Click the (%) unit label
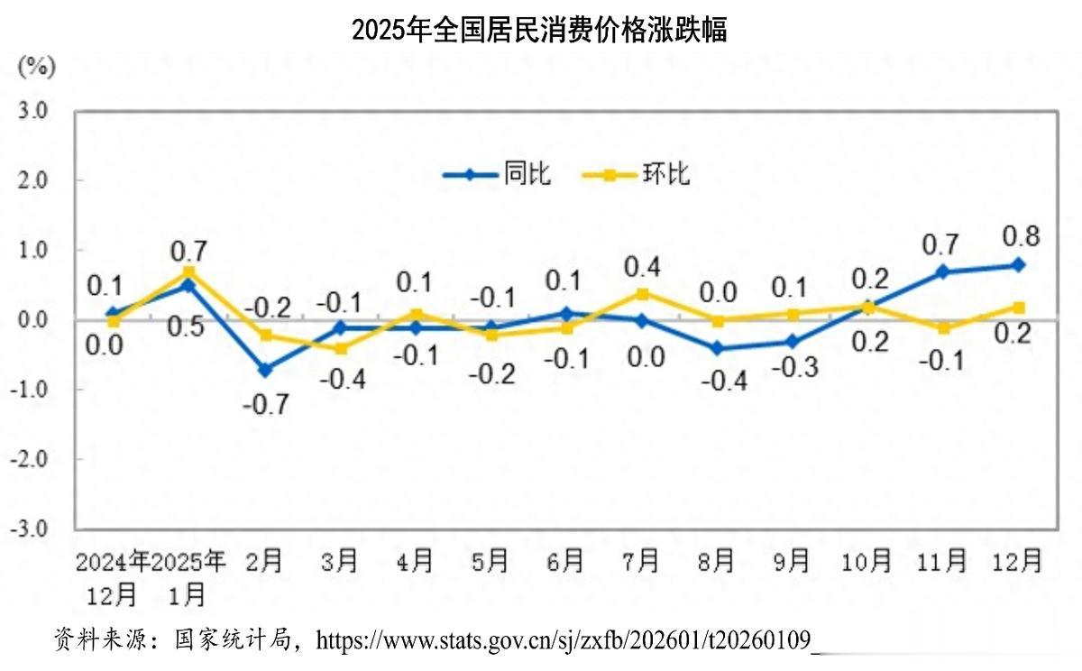click(37, 66)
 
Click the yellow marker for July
click(642, 293)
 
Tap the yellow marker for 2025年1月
click(189, 271)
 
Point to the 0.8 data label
click(1021, 236)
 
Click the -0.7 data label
click(265, 403)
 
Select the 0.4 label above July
click(642, 267)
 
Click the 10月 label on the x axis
click(867, 562)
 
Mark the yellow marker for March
click(341, 348)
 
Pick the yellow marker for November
click(943, 328)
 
